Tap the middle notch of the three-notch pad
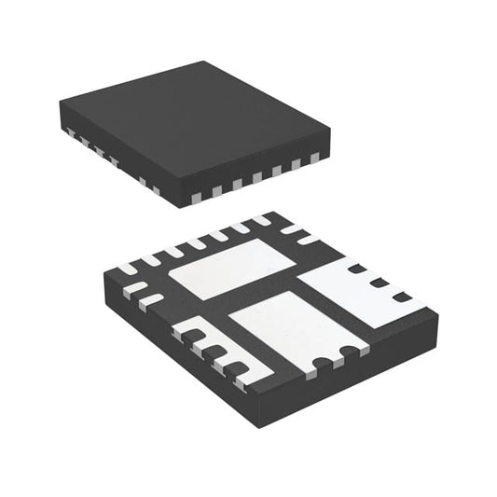(378, 283)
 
